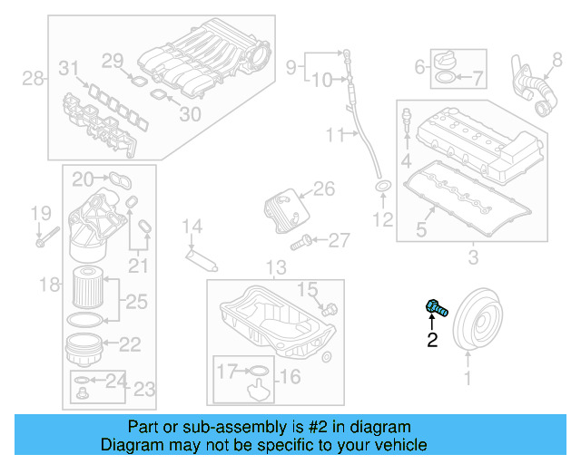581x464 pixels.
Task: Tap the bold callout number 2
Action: click(x=432, y=341)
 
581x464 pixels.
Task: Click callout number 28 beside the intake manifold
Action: click(x=33, y=79)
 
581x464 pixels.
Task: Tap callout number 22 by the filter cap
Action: click(x=130, y=344)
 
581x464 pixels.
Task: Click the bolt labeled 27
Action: click(x=303, y=241)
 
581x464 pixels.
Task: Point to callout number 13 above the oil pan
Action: click(x=275, y=267)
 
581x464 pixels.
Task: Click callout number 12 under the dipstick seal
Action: click(x=382, y=219)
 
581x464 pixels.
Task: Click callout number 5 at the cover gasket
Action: click(x=421, y=230)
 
